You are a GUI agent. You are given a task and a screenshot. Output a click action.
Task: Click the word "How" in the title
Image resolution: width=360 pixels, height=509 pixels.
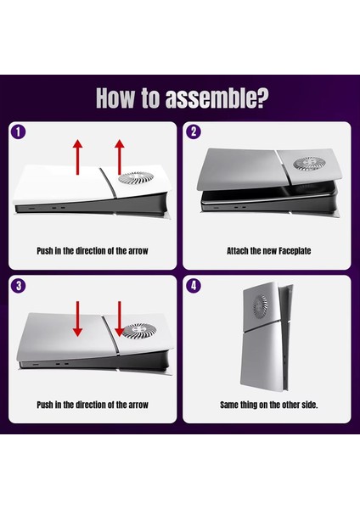(118, 98)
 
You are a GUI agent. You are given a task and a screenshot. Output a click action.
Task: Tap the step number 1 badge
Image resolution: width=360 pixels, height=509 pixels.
(18, 132)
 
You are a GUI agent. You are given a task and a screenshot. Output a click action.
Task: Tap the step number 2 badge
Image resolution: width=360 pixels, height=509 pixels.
(194, 132)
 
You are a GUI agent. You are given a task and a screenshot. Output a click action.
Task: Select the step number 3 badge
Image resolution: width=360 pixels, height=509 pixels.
(18, 285)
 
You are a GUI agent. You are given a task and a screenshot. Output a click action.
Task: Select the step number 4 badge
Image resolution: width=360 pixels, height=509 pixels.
(194, 285)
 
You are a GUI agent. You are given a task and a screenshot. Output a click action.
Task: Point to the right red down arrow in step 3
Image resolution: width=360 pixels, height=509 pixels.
(118, 318)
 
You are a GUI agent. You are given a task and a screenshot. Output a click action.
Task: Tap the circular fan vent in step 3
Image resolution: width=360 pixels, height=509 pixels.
(135, 333)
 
